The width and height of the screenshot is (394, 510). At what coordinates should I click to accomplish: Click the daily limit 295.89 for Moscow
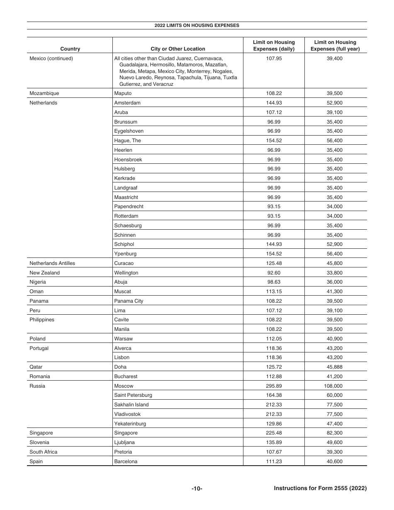pyautogui.click(x=274, y=386)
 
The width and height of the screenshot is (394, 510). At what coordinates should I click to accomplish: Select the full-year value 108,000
pyautogui.click(x=335, y=386)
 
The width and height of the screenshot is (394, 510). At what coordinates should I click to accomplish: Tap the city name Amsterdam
pyautogui.click(x=127, y=103)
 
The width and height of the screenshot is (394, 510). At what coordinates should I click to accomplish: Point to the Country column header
pyautogui.click(x=70, y=49)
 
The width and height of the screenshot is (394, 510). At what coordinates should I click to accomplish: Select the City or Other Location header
pyautogui.click(x=178, y=49)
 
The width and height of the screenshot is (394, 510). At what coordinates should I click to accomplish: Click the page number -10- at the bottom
pyautogui.click(x=197, y=489)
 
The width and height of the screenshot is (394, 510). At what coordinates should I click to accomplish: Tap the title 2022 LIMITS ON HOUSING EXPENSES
pyautogui.click(x=197, y=25)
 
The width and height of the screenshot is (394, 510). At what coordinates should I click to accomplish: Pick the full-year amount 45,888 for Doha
pyautogui.click(x=335, y=367)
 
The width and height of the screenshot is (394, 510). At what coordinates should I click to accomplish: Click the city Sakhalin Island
pyautogui.click(x=131, y=405)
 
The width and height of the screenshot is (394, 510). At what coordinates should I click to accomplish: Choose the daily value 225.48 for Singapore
pyautogui.click(x=274, y=433)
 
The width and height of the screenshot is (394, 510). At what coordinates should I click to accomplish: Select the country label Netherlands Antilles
pyautogui.click(x=52, y=263)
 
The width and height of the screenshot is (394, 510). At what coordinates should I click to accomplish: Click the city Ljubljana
pyautogui.click(x=124, y=442)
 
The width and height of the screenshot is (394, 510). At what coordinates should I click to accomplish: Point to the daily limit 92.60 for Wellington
pyautogui.click(x=274, y=273)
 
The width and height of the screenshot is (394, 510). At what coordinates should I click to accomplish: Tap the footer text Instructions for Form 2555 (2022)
pyautogui.click(x=320, y=488)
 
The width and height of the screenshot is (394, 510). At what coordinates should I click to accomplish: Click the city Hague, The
pyautogui.click(x=127, y=141)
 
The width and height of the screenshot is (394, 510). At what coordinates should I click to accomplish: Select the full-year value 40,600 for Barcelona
pyautogui.click(x=335, y=461)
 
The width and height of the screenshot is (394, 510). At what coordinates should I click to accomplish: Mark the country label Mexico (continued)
pyautogui.click(x=51, y=58)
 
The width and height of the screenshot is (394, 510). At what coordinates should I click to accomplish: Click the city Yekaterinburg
pyautogui.click(x=130, y=424)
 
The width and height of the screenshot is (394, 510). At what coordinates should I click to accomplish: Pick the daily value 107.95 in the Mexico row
pyautogui.click(x=274, y=58)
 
